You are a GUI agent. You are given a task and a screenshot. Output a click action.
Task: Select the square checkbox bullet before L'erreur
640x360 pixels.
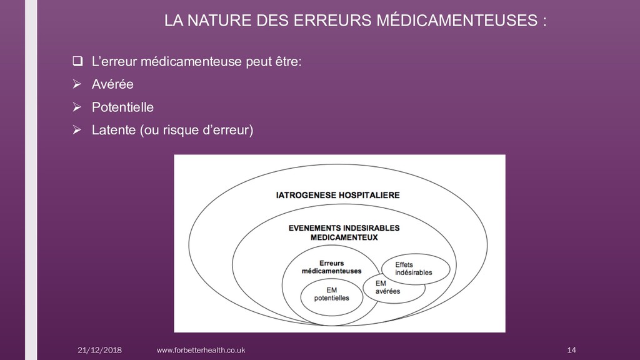tap(77, 61)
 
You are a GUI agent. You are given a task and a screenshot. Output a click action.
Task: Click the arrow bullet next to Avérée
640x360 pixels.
tap(77, 84)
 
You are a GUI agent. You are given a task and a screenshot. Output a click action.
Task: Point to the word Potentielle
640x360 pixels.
tap(122, 107)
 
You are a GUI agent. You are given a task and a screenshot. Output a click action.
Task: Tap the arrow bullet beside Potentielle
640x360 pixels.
tap(77, 107)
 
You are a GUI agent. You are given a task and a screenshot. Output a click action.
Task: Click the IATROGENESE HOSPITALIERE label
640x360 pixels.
tap(338, 195)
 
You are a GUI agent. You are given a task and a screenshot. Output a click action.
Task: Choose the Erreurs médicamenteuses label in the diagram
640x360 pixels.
tap(331, 267)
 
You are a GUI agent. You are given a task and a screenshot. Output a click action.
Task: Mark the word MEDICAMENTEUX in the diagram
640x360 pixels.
tap(344, 237)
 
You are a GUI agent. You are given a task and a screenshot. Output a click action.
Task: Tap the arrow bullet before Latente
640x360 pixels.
tap(77, 131)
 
